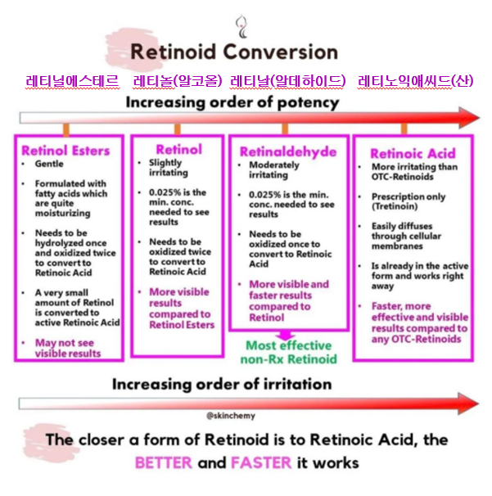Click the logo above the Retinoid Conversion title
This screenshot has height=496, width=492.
click(x=241, y=26)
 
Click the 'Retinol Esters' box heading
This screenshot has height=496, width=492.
click(x=65, y=151)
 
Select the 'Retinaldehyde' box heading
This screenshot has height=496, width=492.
click(x=288, y=152)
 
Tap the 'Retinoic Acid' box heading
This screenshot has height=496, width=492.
click(x=413, y=153)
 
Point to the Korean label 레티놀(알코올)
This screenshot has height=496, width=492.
click(x=178, y=81)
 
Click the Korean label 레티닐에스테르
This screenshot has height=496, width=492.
click(x=72, y=81)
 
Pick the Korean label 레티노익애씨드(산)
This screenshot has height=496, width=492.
click(x=415, y=81)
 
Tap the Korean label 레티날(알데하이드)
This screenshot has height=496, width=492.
click(x=287, y=81)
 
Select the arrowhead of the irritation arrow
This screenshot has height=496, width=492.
click(x=468, y=404)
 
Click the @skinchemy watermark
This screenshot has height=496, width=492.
click(x=231, y=416)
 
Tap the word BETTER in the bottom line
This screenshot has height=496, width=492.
click(x=164, y=462)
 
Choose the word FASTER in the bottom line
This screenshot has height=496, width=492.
click(x=261, y=462)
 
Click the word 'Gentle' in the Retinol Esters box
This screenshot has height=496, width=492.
click(x=49, y=164)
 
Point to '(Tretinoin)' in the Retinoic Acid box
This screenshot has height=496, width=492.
click(x=395, y=206)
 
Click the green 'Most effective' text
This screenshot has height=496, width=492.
click(x=288, y=345)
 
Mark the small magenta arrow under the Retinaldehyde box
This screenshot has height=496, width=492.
click(x=286, y=336)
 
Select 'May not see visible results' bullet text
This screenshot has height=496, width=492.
click(x=68, y=348)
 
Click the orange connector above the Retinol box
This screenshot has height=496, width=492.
click(x=178, y=129)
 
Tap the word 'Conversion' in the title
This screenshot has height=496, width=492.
click(x=280, y=52)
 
